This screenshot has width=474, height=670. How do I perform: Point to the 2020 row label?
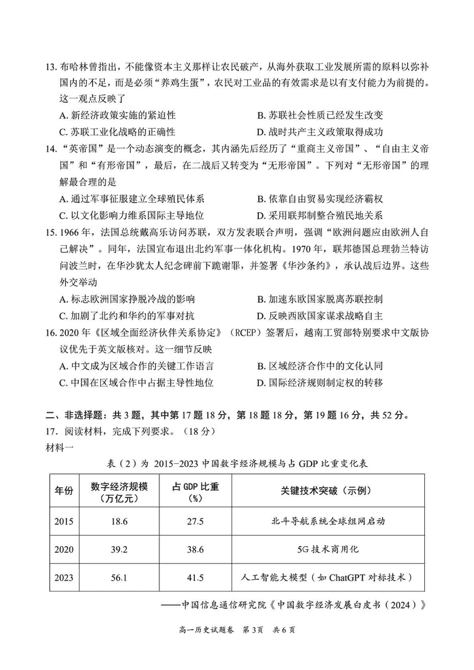(64, 549)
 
